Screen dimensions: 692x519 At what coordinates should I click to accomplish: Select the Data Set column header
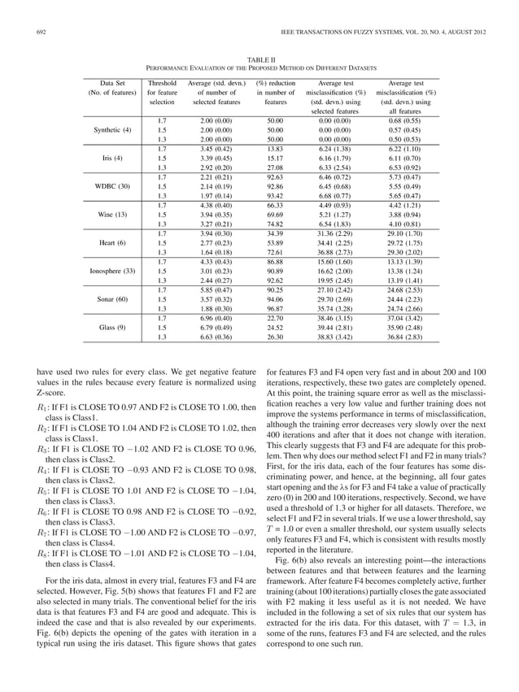tap(110, 83)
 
